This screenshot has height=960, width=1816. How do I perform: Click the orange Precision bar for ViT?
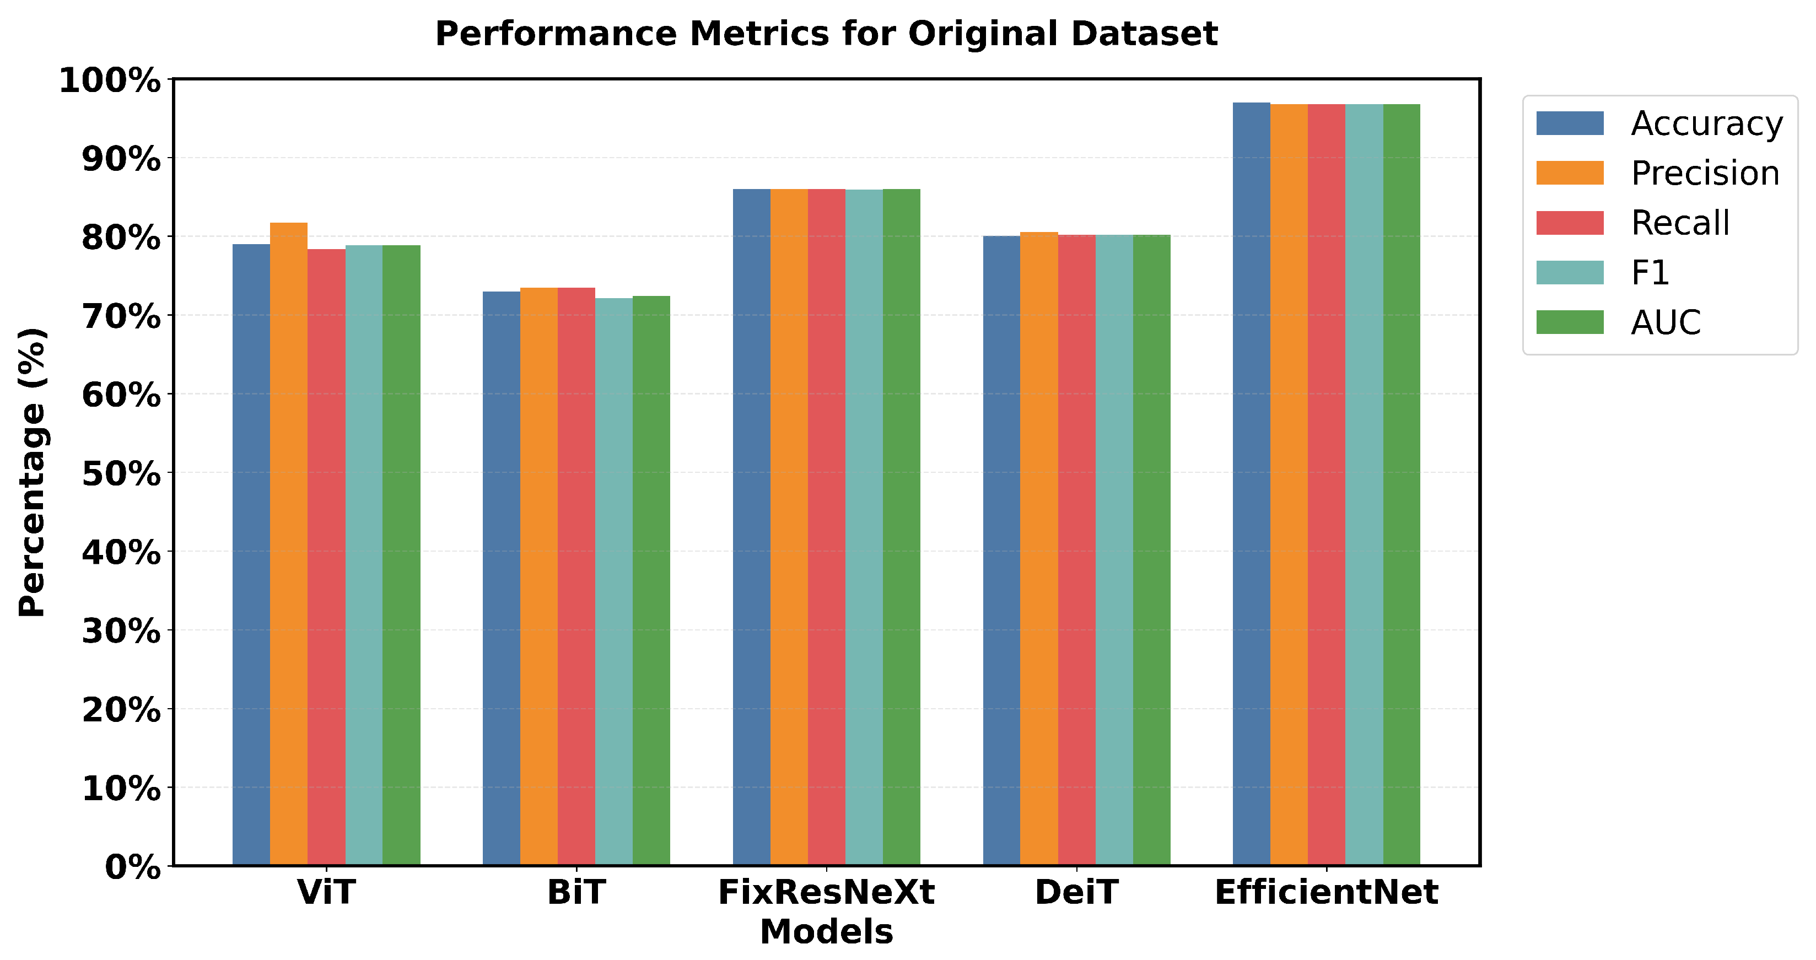point(288,543)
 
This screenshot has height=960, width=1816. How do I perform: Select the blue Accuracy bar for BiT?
point(501,578)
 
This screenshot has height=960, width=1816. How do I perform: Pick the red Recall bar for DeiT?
point(1076,550)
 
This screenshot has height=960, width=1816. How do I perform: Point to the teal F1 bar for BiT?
point(613,581)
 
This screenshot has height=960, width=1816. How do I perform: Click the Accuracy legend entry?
point(1706,123)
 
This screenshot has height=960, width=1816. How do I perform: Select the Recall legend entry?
point(1680,223)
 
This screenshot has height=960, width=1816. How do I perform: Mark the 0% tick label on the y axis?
point(132,867)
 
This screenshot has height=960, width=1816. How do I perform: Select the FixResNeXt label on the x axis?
point(826,892)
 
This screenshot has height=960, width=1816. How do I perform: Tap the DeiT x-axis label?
point(1076,892)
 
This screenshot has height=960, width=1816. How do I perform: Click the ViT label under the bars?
point(326,892)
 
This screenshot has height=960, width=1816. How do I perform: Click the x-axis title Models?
point(826,932)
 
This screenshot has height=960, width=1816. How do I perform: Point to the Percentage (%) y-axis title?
point(33,472)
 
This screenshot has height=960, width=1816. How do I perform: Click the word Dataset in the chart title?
point(1144,34)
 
